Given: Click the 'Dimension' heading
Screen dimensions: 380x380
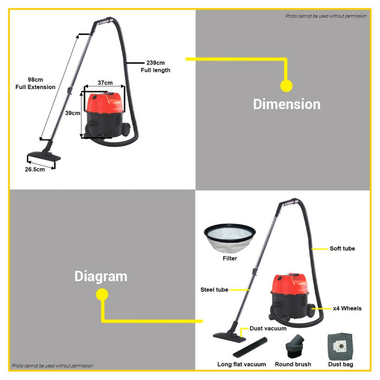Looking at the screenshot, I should tap(287, 104).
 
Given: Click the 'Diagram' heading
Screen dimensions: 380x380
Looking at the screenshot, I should tap(101, 276).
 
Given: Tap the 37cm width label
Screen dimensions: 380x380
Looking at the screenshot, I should tap(105, 83).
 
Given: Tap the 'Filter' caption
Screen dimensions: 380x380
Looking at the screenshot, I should tap(229, 258).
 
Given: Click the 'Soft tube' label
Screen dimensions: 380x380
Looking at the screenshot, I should tap(342, 249).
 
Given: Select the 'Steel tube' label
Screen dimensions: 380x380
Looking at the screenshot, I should tap(214, 290).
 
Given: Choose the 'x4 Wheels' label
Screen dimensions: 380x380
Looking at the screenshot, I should tap(347, 308).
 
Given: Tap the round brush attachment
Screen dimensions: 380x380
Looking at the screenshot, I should tap(295, 346).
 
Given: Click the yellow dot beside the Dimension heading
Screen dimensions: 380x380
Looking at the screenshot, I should tap(286, 86).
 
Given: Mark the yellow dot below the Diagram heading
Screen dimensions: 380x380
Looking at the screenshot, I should tap(102, 294).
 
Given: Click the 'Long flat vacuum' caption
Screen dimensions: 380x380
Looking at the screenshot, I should tap(242, 364).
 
